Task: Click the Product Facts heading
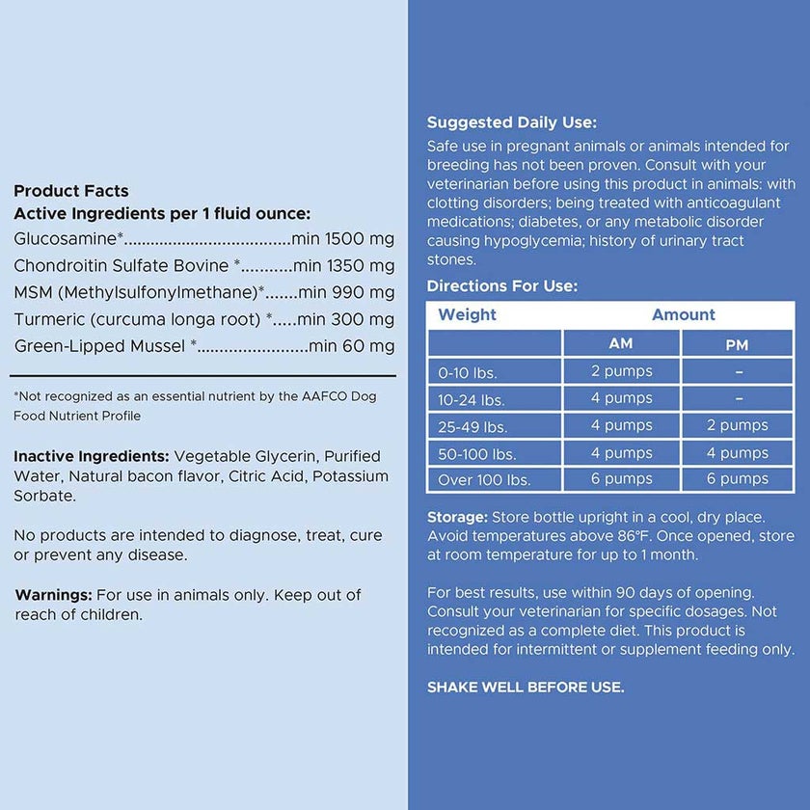tap(71, 191)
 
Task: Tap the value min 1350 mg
tap(344, 266)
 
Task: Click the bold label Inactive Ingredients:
tap(91, 456)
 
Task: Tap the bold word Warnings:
tap(54, 595)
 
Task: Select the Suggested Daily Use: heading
tap(512, 122)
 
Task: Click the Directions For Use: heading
tap(502, 286)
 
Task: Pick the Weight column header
tap(468, 315)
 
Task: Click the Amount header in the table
tap(683, 315)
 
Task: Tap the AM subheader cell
tap(621, 344)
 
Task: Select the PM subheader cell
tap(738, 344)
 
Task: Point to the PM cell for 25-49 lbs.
tap(738, 425)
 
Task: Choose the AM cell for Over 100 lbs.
tap(621, 479)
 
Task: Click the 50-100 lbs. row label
tap(478, 452)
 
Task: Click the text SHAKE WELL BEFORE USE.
tap(526, 688)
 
